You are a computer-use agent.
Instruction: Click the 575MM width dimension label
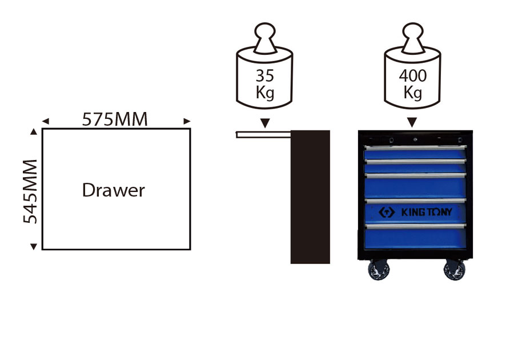pyautogui.click(x=115, y=119)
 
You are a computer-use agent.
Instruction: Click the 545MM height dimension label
pyautogui.click(x=29, y=191)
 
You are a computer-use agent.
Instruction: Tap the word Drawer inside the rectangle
pyautogui.click(x=114, y=190)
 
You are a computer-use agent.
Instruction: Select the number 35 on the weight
pyautogui.click(x=264, y=75)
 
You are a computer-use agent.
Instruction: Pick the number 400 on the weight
pyautogui.click(x=412, y=75)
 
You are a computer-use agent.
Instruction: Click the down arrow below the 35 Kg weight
pyautogui.click(x=264, y=122)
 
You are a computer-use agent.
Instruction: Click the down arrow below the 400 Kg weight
pyautogui.click(x=412, y=122)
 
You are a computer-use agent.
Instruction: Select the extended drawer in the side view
pyautogui.click(x=263, y=134)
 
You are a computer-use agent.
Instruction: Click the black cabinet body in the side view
pyautogui.click(x=310, y=197)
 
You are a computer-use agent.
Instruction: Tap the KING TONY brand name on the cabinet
pyautogui.click(x=426, y=212)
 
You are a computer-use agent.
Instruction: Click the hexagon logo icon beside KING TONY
pyautogui.click(x=387, y=212)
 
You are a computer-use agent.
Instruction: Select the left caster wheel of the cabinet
pyautogui.click(x=378, y=271)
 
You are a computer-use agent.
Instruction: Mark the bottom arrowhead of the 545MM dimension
pyautogui.click(x=33, y=246)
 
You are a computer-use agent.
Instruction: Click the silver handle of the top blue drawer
pyautogui.click(x=415, y=147)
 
